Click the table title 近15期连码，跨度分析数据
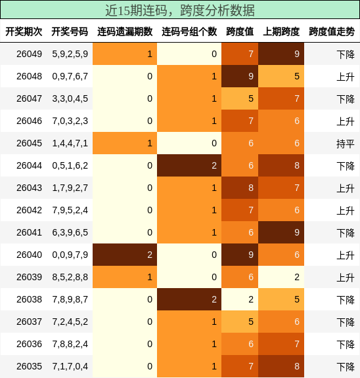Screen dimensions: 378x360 [x=180, y=10]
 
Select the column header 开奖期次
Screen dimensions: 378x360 [x=24, y=31]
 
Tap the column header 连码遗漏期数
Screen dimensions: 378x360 [x=125, y=31]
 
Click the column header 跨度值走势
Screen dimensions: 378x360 [x=332, y=31]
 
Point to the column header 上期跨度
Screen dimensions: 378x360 [x=281, y=31]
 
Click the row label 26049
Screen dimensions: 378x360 [x=29, y=54]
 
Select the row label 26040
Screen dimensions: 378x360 [x=29, y=255]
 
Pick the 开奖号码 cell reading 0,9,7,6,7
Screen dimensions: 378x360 [x=70, y=76]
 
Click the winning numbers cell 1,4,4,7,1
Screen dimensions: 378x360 [x=70, y=143]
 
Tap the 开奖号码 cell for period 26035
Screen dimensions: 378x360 [x=70, y=366]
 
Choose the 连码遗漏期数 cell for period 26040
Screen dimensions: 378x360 [x=125, y=255]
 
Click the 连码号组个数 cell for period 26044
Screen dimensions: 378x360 [x=189, y=165]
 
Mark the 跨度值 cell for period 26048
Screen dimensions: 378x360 [x=240, y=76]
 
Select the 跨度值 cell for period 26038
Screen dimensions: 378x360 [x=240, y=299]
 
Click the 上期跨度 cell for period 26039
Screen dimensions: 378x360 [x=281, y=277]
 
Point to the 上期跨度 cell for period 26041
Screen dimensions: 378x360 [x=281, y=232]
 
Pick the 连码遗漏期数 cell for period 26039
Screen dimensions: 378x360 [x=125, y=277]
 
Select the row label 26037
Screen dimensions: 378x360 [x=29, y=322]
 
